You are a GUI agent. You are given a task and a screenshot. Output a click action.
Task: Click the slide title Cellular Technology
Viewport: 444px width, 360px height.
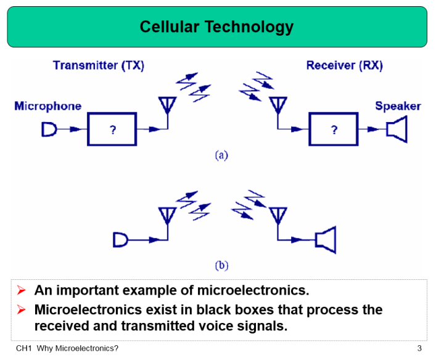pos(216,27)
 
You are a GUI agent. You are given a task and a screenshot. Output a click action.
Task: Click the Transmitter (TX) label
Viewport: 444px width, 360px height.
pos(98,66)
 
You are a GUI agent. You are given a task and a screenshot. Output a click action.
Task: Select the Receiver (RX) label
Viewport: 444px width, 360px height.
pos(344,66)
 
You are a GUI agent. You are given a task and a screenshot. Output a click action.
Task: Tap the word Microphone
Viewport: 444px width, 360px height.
pos(47,106)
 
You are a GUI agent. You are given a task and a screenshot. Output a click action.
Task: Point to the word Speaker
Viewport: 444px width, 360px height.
pos(398,106)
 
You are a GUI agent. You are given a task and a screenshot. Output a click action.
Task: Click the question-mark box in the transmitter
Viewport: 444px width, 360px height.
pos(112,129)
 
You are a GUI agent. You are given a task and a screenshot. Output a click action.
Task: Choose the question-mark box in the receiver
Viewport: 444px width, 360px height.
pos(334,129)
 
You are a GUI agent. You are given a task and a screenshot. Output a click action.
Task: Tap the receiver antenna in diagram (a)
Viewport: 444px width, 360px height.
pos(278,106)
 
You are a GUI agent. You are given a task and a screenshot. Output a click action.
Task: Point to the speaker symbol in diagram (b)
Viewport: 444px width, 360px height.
pos(325,239)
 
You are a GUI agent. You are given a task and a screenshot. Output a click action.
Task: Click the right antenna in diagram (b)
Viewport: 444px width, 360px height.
pos(277,216)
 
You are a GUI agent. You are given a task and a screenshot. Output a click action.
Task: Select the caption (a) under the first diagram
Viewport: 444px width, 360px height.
pos(221,155)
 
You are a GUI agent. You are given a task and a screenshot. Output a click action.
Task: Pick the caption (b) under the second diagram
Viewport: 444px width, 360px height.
pos(221,266)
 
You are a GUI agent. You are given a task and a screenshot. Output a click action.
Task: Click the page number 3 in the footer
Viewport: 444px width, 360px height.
pos(419,348)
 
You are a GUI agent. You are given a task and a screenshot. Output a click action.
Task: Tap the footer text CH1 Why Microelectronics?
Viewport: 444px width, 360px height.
pos(67,348)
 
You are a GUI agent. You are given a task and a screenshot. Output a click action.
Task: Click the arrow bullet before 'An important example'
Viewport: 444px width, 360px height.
pos(22,290)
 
